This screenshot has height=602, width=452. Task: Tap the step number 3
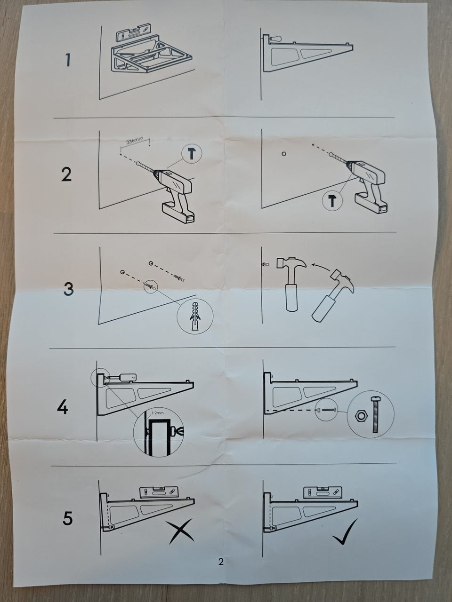(x=69, y=289)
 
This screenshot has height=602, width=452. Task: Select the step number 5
(x=67, y=518)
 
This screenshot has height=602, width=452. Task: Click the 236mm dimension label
(x=135, y=141)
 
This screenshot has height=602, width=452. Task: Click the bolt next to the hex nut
(x=375, y=414)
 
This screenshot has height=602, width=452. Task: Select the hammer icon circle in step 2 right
(x=332, y=201)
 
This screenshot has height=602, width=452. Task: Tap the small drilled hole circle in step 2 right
(x=284, y=154)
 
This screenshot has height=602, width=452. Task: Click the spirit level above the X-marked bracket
(x=159, y=492)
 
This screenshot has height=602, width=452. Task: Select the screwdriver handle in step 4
(x=128, y=377)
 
